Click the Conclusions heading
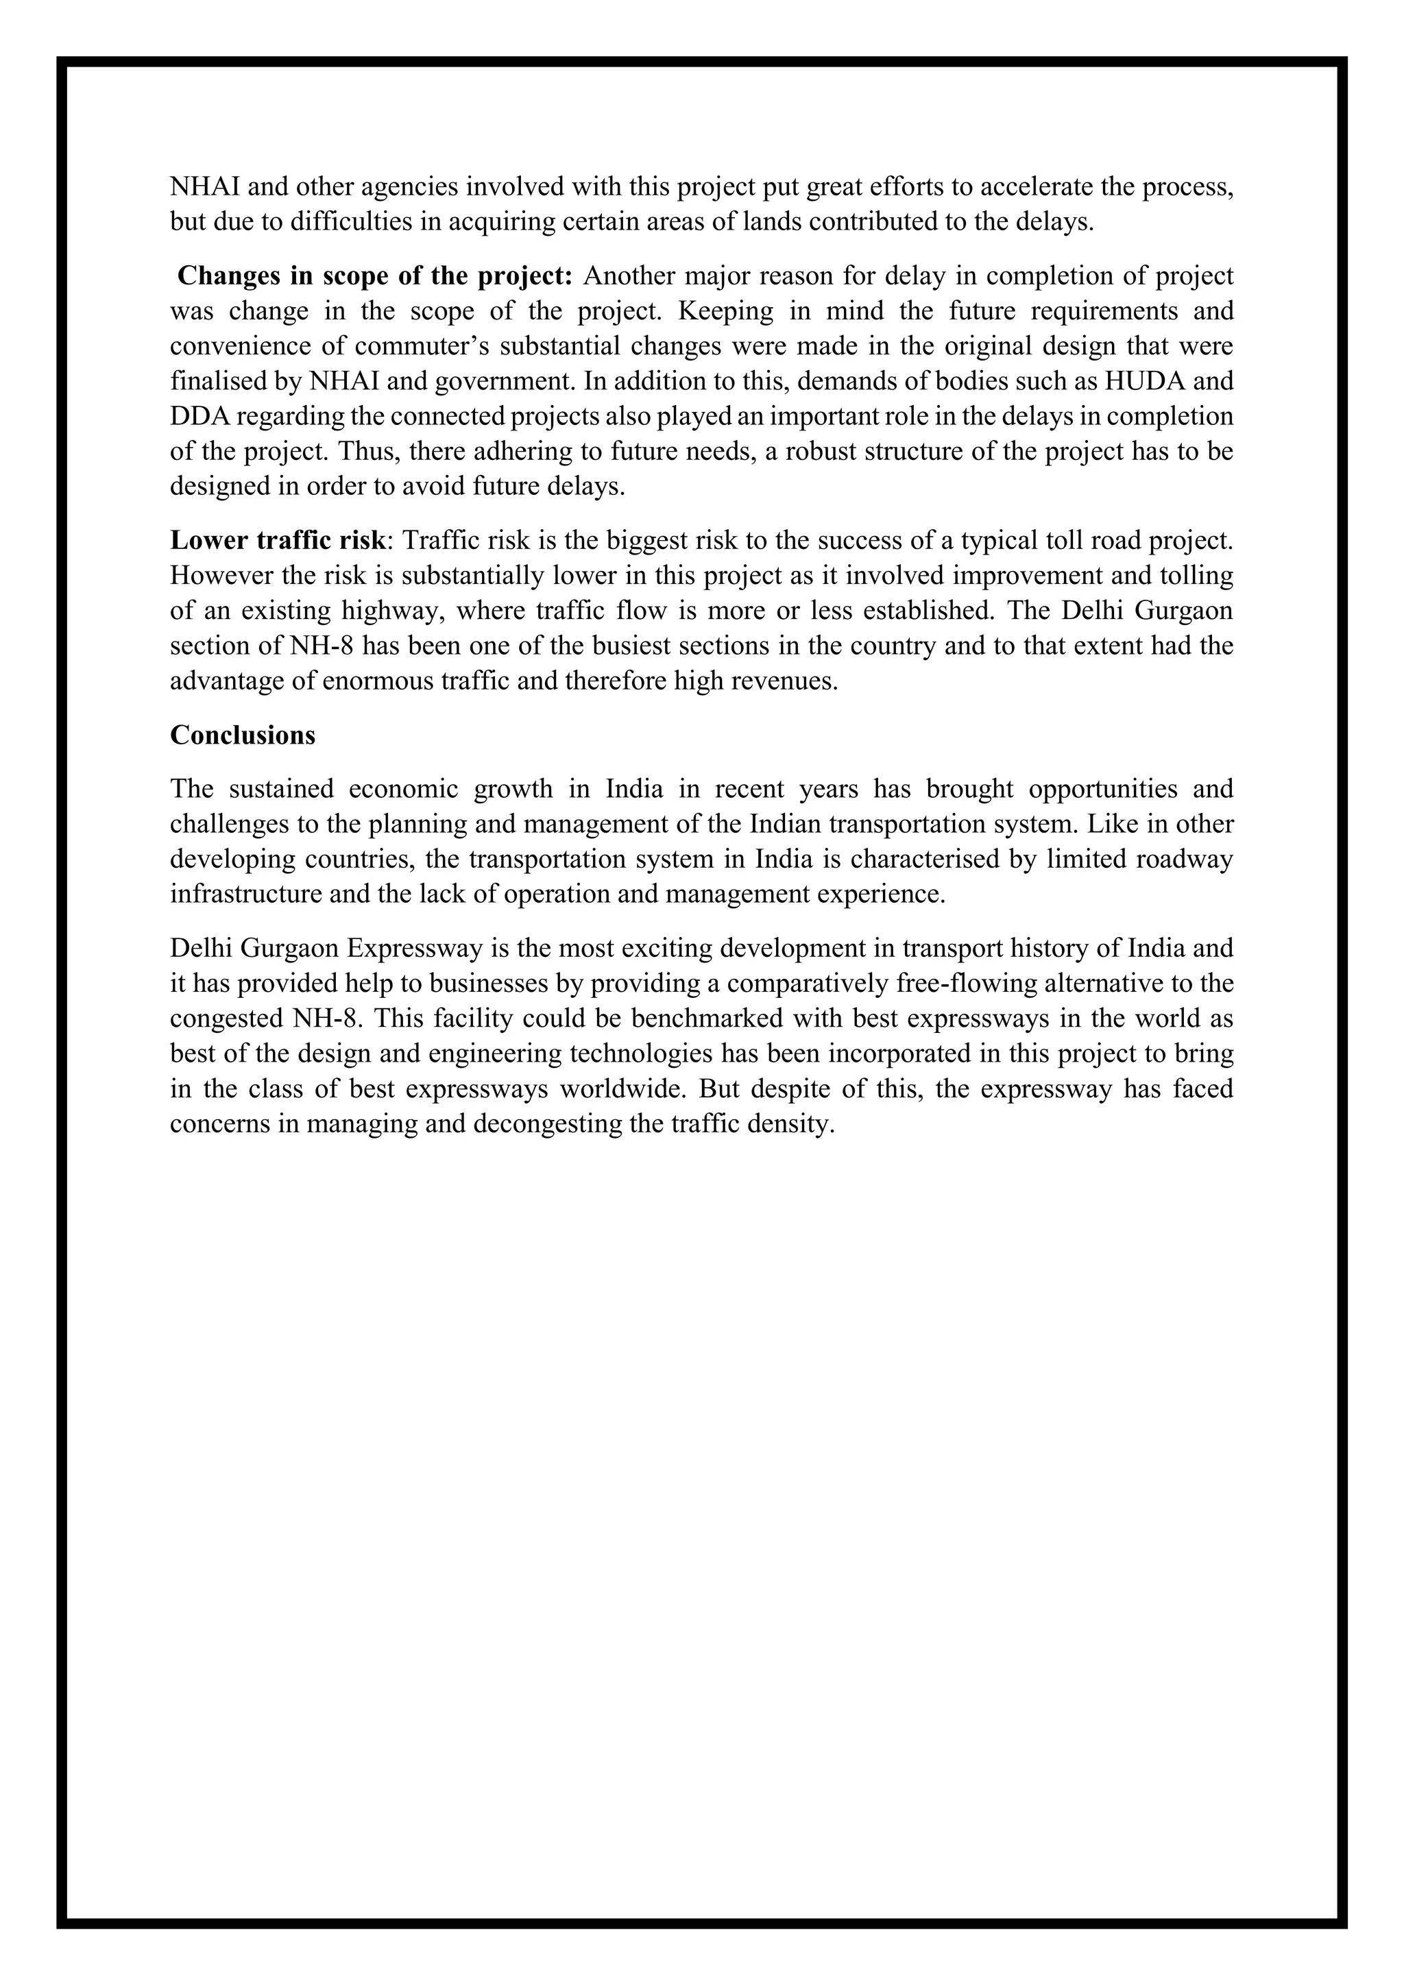pos(242,735)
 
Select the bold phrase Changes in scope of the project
pos(374,276)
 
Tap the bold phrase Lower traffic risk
pos(277,540)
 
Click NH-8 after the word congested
pos(319,1019)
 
